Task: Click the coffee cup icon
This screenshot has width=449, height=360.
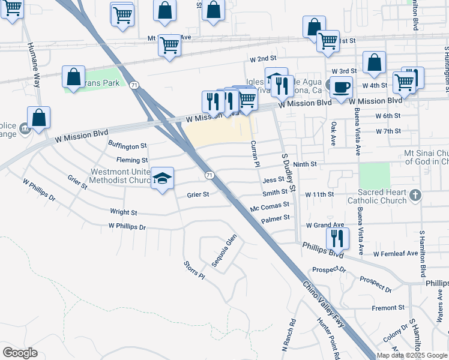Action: (341, 86)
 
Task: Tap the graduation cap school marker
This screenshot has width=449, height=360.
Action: (162, 178)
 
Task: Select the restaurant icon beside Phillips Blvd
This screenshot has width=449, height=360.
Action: (338, 238)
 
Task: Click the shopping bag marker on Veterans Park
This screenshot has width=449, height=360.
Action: (74, 77)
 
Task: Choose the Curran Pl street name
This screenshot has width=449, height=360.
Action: (255, 154)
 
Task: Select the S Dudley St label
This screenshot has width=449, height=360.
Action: (289, 172)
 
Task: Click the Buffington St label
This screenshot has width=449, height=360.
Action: (127, 146)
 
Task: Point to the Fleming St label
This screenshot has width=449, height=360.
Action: (132, 160)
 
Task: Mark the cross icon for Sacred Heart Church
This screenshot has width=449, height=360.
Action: (418, 196)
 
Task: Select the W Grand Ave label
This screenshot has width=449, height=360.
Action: (324, 226)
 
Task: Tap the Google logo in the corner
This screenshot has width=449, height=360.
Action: (20, 353)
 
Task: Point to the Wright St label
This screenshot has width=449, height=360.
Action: (124, 212)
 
